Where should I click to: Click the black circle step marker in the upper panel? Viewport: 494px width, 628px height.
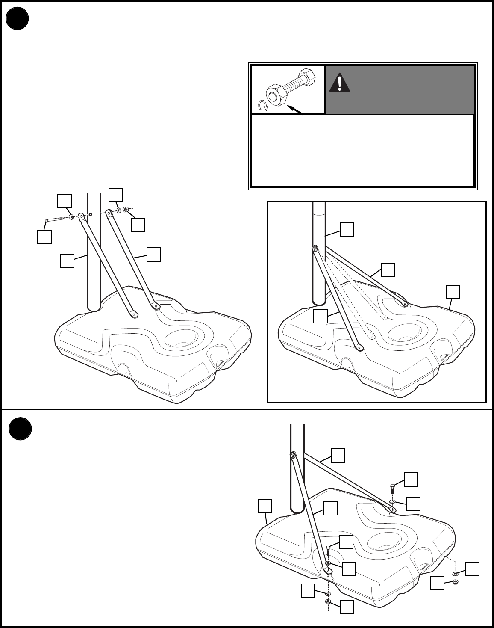(x=18, y=19)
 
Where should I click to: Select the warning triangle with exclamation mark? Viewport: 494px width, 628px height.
(x=339, y=82)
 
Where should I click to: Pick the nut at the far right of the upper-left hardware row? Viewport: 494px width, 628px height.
(x=126, y=210)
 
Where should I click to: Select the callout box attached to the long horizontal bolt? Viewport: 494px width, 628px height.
(x=44, y=236)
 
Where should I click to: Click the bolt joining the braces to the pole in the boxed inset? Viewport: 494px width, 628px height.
(x=315, y=248)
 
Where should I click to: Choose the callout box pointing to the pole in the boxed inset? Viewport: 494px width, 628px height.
(x=347, y=229)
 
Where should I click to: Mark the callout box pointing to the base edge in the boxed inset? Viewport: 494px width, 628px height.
(x=453, y=292)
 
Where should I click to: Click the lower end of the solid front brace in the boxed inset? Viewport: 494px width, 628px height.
(x=360, y=347)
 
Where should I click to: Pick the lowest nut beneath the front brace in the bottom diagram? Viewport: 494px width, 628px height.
(x=328, y=601)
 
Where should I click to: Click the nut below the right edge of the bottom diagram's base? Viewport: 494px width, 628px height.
(x=456, y=582)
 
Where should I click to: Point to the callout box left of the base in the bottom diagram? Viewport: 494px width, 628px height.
(x=265, y=506)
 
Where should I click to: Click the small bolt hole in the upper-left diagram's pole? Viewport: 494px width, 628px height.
(x=91, y=213)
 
